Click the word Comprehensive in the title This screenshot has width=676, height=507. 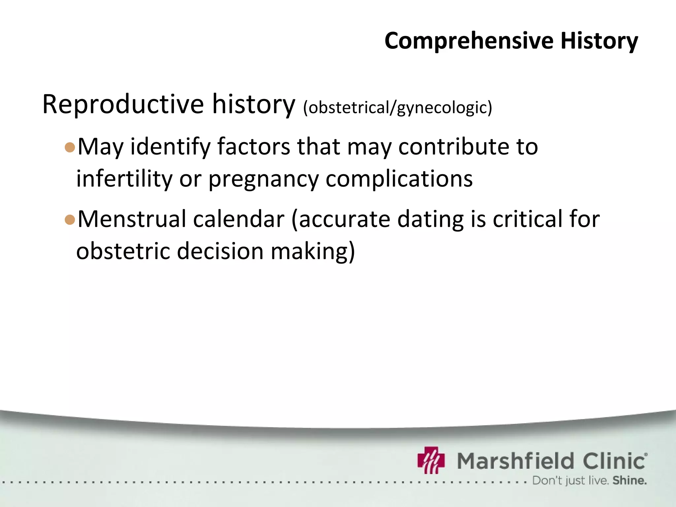coord(469,41)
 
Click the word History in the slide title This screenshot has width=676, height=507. coord(599,41)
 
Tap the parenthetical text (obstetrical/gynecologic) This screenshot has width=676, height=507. coord(397,108)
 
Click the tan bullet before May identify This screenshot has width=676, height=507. coord(70,147)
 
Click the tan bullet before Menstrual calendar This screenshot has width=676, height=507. coord(70,220)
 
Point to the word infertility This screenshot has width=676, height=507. coord(124,179)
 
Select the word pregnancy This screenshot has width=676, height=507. coord(263,179)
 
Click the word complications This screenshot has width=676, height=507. coord(399,179)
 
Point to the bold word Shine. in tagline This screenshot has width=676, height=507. coord(629,481)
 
